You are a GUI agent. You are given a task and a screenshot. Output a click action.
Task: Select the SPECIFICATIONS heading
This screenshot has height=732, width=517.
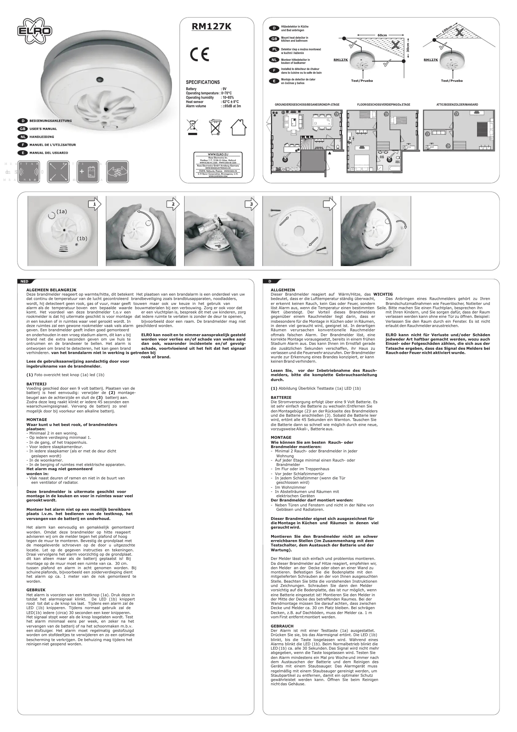pyautogui.click(x=203, y=82)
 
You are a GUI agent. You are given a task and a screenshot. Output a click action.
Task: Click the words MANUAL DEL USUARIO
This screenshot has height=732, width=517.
pyautogui.click(x=49, y=153)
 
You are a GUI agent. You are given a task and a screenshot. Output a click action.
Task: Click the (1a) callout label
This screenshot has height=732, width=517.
pyautogui.click(x=62, y=211)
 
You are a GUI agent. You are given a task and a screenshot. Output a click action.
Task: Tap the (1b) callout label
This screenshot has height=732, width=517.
pyautogui.click(x=82, y=238)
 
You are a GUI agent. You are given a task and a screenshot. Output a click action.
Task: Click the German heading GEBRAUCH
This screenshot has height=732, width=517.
pyautogui.click(x=282, y=626)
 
